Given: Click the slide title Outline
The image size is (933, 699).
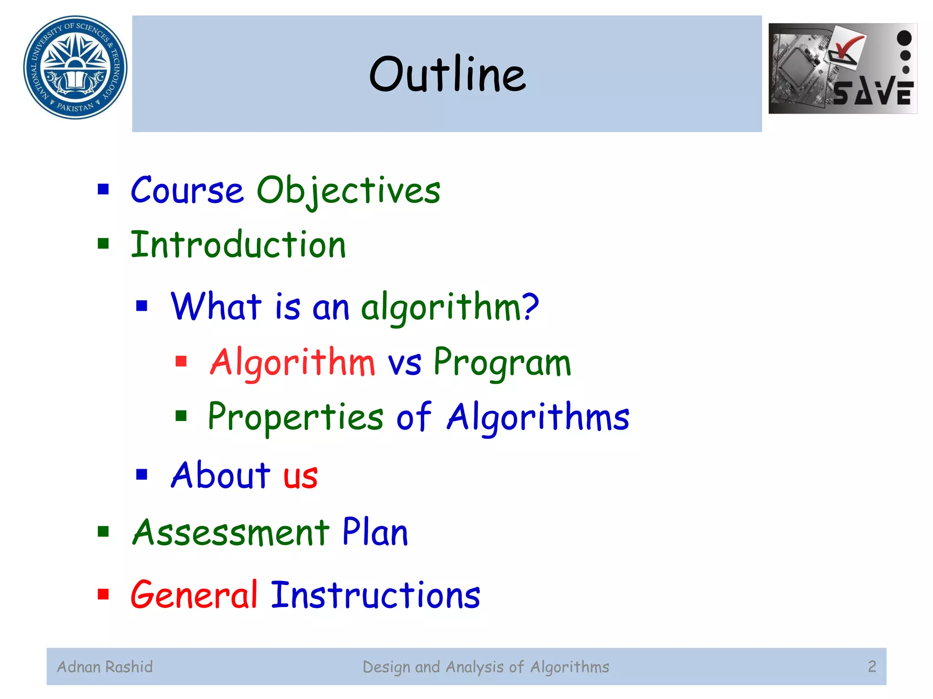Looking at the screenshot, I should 447,74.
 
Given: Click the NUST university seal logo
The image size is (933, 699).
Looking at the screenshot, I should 75,67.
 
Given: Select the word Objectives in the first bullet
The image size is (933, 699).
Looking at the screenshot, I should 349,191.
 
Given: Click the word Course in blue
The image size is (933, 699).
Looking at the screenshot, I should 187,191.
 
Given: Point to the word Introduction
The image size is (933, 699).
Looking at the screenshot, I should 238,245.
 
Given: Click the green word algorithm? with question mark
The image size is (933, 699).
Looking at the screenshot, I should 450,307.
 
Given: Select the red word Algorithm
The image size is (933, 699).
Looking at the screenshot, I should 292,363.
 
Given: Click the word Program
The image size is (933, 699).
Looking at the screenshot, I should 502,363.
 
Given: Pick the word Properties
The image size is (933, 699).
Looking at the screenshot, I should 296,417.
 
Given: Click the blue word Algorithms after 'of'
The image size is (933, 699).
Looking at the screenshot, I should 538,417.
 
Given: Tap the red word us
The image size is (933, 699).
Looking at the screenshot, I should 300,476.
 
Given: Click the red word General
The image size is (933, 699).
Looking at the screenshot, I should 194,595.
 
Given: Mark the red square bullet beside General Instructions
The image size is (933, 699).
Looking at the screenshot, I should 103,594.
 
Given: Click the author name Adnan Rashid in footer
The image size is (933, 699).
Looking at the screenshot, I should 105,667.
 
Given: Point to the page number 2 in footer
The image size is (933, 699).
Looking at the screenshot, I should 872,667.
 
